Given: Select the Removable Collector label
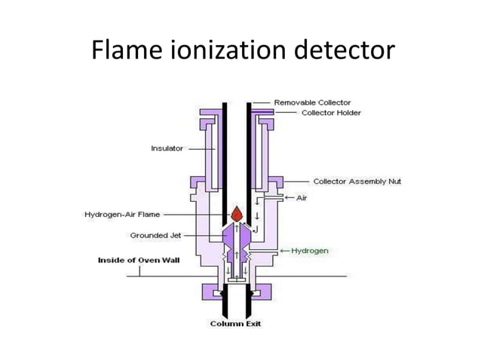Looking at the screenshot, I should [311, 102].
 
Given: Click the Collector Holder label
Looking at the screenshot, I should [331, 113].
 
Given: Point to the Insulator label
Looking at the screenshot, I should [167, 148].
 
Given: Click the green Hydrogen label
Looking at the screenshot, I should [311, 250].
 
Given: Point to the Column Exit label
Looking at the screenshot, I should [236, 325].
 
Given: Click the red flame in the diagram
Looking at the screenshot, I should [235, 214].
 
